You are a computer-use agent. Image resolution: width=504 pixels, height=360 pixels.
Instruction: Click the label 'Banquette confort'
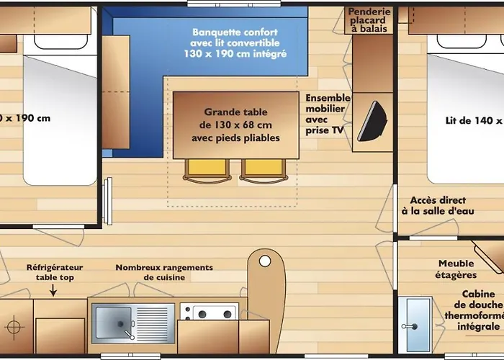235,32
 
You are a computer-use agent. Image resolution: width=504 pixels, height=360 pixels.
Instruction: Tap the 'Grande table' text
235,112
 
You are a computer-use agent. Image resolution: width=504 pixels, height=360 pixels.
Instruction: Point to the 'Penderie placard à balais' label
369,20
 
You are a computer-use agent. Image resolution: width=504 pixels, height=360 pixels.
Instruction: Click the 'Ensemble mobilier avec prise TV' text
327,114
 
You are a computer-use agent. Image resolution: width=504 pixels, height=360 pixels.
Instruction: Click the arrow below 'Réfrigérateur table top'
53,290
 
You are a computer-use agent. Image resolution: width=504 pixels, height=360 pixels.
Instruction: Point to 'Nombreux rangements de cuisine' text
164,272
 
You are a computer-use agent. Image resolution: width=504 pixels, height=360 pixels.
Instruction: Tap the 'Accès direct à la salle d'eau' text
438,206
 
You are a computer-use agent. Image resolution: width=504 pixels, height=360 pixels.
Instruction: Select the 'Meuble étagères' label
456,269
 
